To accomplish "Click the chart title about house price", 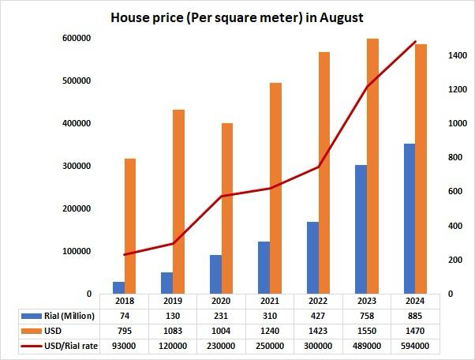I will pos(237,17).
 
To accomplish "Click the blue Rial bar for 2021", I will pos(264,268).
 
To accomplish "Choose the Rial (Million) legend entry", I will pos(64,316).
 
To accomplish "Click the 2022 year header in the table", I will pos(316,301).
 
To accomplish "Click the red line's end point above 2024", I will pos(415,42).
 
